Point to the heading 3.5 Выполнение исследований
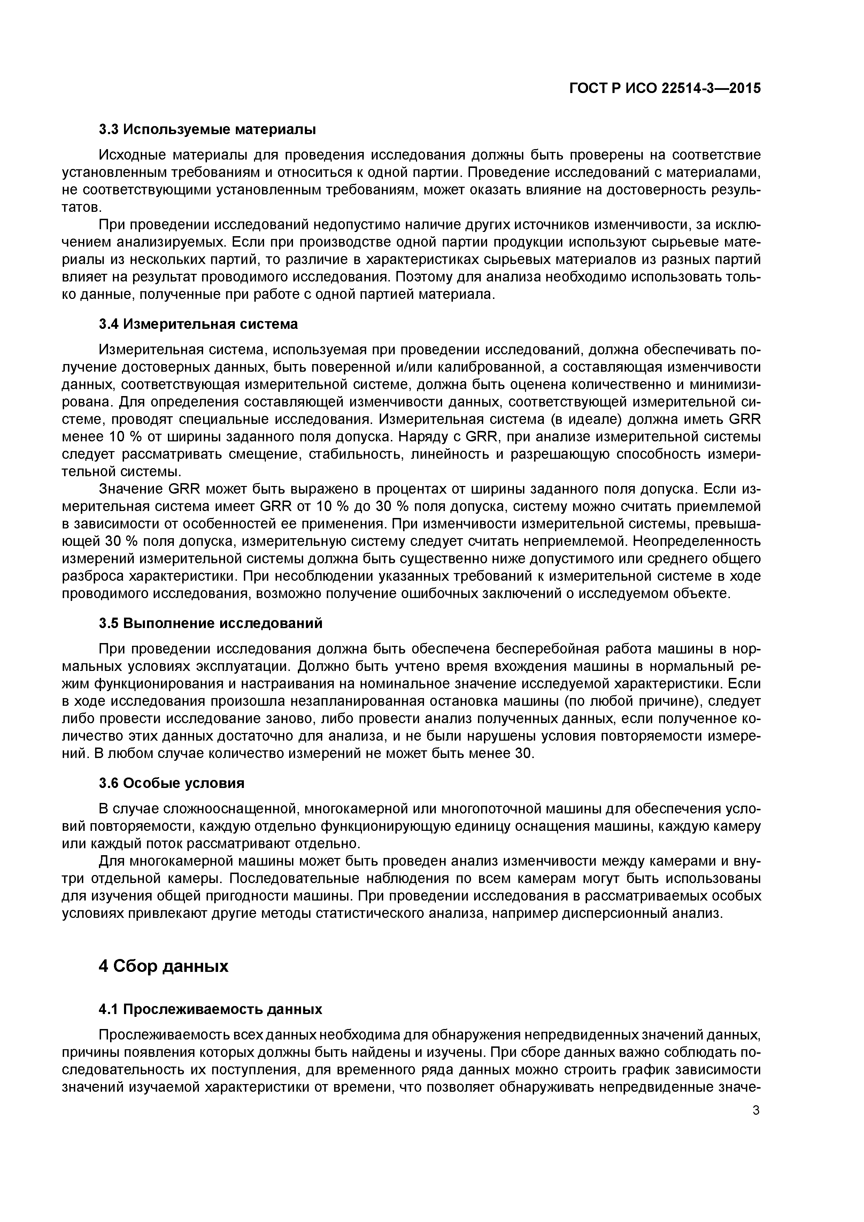(x=210, y=623)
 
